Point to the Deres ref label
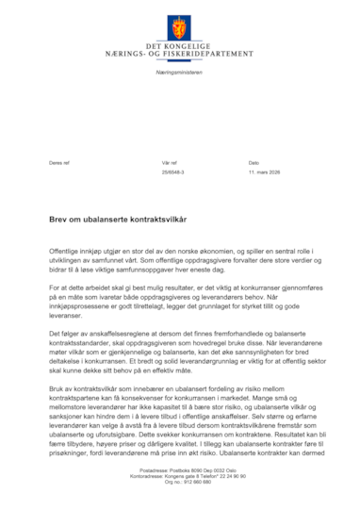click(59, 163)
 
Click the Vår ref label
click(170, 163)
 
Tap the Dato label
click(254, 163)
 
